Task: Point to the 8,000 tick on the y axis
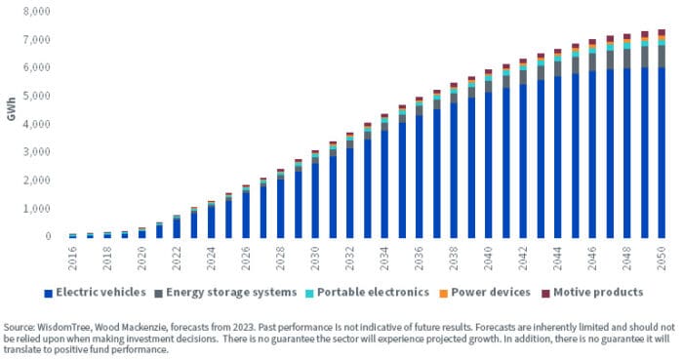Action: pos(37,13)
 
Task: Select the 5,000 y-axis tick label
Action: pos(37,97)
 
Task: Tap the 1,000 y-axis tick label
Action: pos(37,209)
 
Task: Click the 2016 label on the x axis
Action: pos(73,257)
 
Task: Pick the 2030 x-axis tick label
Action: pos(315,257)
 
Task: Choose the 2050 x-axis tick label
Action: pos(661,257)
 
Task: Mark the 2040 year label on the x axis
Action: pos(488,257)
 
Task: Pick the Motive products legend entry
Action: pos(593,292)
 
